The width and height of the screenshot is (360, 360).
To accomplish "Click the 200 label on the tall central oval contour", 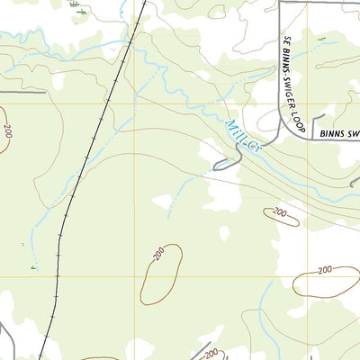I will tap(158, 256).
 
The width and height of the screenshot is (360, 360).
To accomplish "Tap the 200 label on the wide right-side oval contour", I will tap(325, 269).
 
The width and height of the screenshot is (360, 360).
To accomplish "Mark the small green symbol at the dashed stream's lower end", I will tap(34, 267).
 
